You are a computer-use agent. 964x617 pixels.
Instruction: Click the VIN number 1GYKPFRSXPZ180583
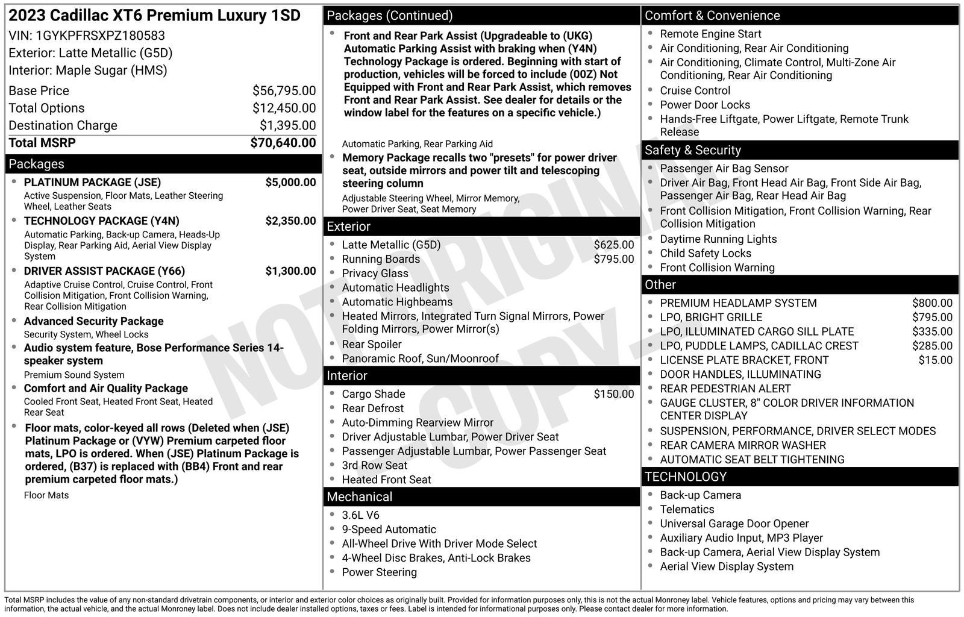click(100, 36)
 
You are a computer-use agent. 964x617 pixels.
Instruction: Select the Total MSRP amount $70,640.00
click(283, 143)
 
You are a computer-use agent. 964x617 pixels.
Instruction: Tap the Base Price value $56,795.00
click(284, 91)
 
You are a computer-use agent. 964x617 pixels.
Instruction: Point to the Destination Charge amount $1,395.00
click(287, 125)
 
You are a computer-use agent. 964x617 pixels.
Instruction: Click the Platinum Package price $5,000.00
click(290, 183)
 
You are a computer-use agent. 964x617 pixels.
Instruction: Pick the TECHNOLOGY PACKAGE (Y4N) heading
click(101, 221)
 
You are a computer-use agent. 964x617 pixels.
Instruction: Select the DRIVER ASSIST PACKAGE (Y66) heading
click(104, 271)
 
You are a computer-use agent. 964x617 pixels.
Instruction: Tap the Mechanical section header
click(359, 497)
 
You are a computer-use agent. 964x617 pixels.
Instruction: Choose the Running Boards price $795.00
click(613, 259)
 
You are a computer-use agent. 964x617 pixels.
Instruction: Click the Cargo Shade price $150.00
click(613, 394)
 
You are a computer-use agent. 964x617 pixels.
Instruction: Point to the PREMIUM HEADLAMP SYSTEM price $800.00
click(932, 303)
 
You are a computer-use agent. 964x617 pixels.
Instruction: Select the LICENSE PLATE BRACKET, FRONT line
click(744, 360)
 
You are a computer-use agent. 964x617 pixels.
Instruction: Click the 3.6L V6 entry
click(360, 515)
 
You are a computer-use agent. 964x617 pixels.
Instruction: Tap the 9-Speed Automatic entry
click(389, 530)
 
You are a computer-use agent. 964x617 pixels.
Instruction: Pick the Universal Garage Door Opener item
click(734, 524)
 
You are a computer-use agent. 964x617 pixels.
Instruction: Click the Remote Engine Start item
click(710, 34)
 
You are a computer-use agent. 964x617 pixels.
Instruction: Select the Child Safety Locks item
click(705, 254)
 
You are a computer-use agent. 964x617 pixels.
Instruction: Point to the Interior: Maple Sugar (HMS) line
click(88, 70)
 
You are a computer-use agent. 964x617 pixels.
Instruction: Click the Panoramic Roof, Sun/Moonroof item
click(420, 359)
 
